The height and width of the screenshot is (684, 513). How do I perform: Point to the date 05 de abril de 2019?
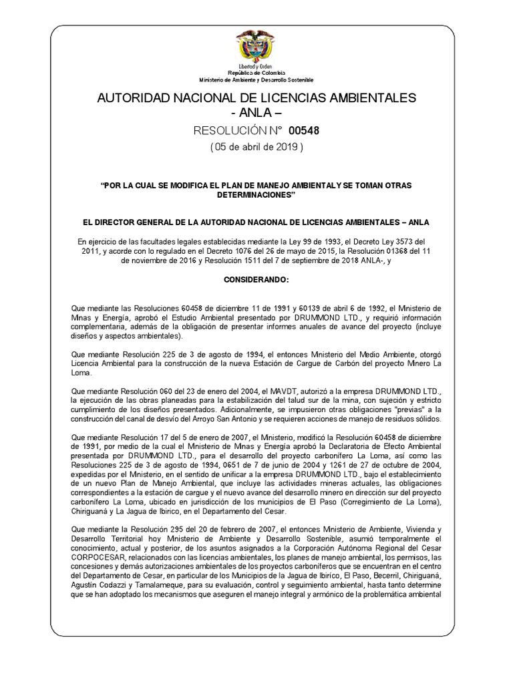coord(256,148)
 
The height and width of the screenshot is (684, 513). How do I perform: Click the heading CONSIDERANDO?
coord(256,277)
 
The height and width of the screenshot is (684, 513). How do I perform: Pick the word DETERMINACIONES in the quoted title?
coord(256,194)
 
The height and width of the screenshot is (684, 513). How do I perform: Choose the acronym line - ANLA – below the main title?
coord(256,113)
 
